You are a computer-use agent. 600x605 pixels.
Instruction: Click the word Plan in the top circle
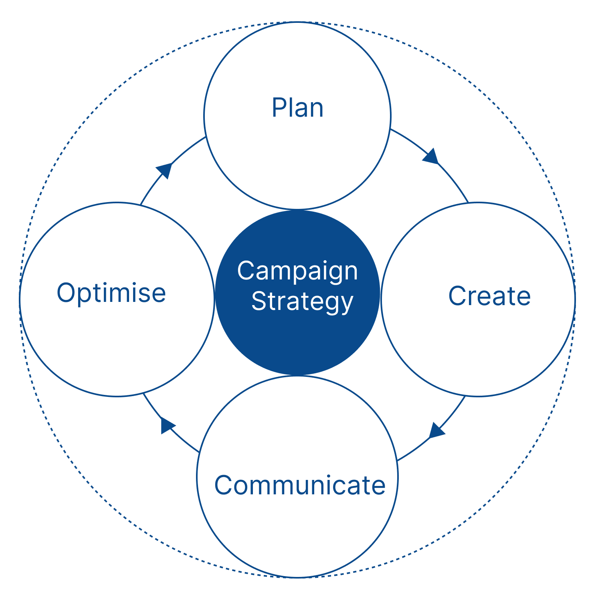[x=297, y=108]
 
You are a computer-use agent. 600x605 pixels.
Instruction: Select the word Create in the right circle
[x=489, y=296]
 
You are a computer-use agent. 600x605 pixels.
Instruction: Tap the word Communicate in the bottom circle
[x=300, y=485]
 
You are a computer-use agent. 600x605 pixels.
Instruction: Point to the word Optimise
[x=111, y=293]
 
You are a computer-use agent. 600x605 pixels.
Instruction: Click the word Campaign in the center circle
[x=297, y=271]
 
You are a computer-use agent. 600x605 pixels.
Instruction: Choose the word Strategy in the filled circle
[x=302, y=301]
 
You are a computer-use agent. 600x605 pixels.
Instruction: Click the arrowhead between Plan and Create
[x=431, y=156]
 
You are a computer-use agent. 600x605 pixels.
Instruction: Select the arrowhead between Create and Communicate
[x=436, y=431]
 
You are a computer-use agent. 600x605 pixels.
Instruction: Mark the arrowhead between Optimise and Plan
[x=164, y=170]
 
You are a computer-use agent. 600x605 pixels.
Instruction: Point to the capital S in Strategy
[x=260, y=301]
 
